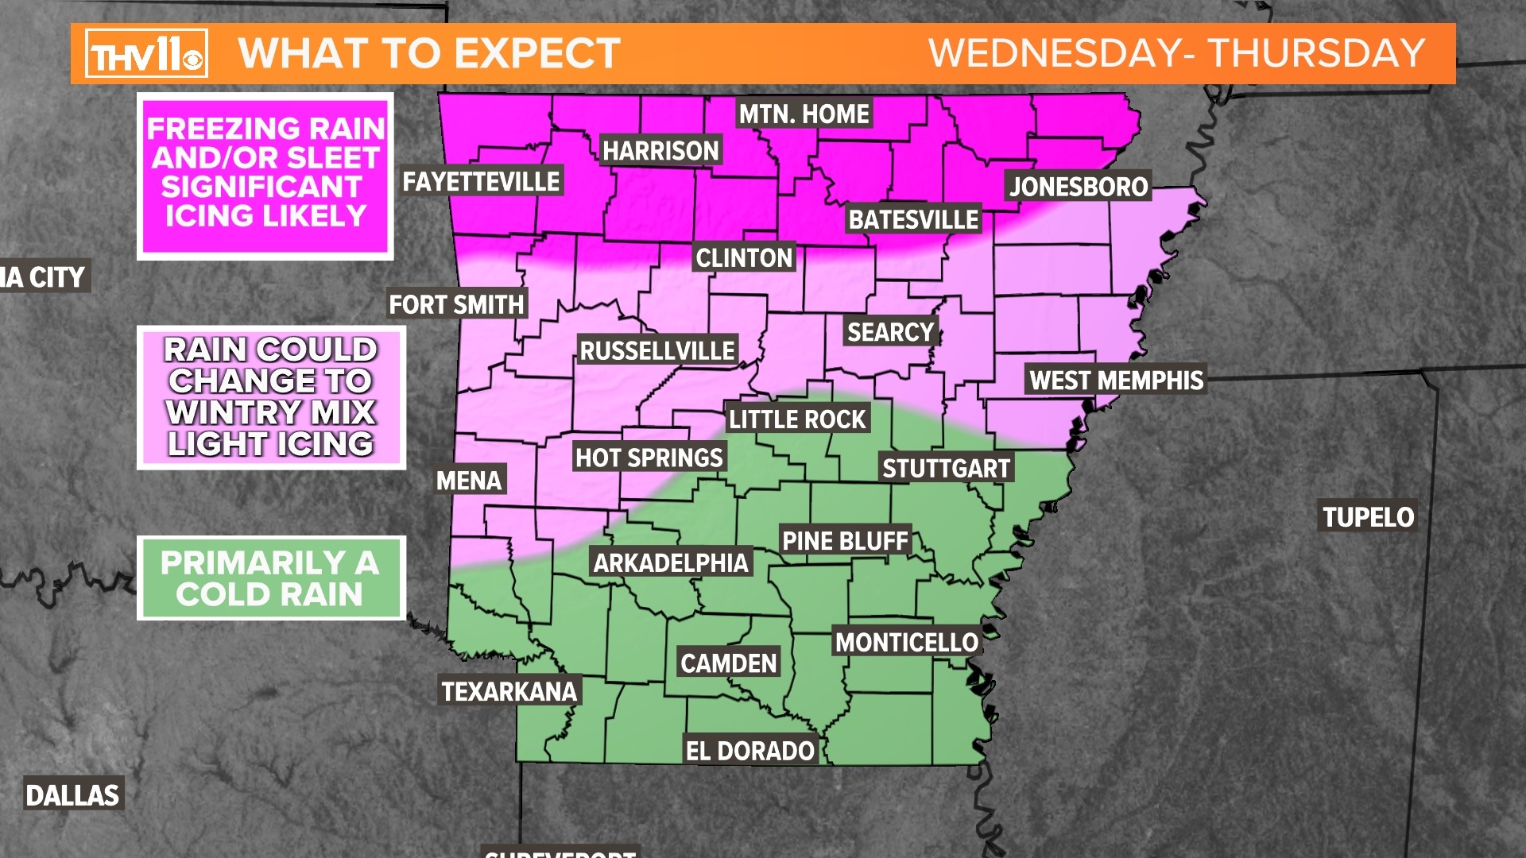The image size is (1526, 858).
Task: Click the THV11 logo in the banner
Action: tap(146, 54)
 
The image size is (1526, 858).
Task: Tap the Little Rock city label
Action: tap(797, 419)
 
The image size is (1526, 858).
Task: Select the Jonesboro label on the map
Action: tap(1079, 187)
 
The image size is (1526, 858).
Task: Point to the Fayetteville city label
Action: tap(481, 181)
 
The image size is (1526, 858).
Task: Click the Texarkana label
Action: tap(509, 691)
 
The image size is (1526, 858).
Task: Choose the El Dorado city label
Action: tap(749, 750)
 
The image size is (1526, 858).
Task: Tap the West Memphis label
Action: tap(1116, 380)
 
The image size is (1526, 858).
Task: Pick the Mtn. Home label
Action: tap(804, 114)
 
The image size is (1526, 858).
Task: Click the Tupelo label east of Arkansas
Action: tap(1368, 517)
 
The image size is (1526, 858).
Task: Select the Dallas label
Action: tap(72, 794)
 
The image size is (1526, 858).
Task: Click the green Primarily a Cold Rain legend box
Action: tap(270, 578)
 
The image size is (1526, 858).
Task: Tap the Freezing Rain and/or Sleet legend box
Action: tap(265, 175)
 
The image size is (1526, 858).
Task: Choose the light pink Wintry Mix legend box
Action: tap(270, 397)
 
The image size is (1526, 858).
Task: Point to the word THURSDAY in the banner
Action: tap(1316, 54)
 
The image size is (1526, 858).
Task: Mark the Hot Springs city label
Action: tap(649, 458)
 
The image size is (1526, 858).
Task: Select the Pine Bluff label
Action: tap(845, 541)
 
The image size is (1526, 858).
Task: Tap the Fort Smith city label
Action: tap(456, 304)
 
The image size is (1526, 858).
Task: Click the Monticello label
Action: tap(906, 642)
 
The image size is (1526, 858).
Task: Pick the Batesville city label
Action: tap(913, 219)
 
